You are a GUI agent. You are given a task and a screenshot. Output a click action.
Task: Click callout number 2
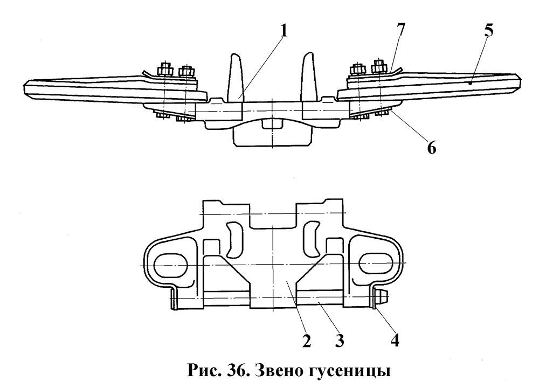306,341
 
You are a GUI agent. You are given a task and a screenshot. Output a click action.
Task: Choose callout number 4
395,341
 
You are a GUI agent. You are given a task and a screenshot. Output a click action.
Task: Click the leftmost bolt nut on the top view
164,70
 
